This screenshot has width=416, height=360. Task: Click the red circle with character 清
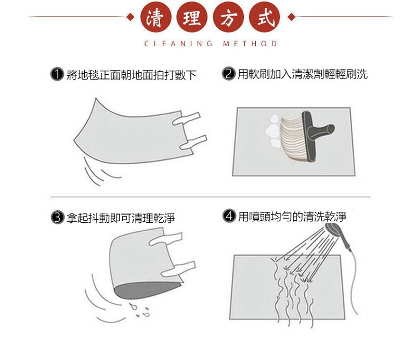(153, 19)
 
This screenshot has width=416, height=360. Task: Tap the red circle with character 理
(192, 19)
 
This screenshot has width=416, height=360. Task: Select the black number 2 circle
(228, 74)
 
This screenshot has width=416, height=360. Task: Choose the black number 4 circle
(228, 216)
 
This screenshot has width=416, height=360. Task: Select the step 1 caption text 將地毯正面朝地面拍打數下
(132, 75)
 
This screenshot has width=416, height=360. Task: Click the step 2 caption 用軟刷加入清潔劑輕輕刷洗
(302, 74)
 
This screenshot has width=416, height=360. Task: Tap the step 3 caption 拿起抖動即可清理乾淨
(121, 218)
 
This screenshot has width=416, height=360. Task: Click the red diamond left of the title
(131, 18)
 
